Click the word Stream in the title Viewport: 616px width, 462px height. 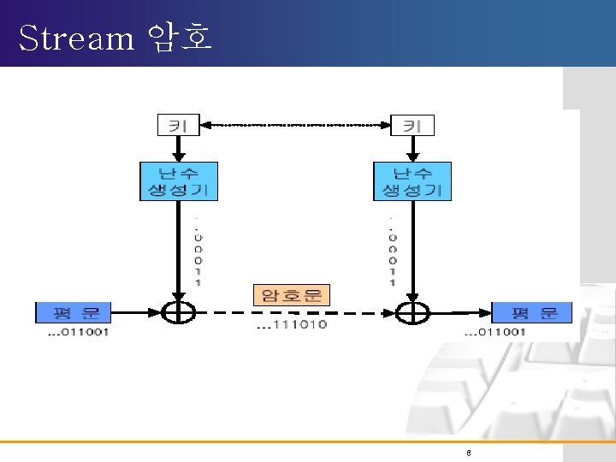click(x=76, y=38)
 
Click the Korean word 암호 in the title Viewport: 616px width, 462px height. click(x=180, y=38)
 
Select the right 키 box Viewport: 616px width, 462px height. click(x=412, y=125)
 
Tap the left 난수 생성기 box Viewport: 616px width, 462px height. click(x=178, y=181)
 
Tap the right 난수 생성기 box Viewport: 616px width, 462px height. click(x=412, y=181)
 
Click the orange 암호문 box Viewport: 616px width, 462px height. click(x=292, y=296)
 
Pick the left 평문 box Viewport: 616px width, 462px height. click(x=73, y=312)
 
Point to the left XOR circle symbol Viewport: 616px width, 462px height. click(x=178, y=313)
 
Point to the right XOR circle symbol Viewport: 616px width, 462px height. click(x=412, y=313)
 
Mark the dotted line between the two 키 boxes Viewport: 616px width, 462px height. click(x=295, y=125)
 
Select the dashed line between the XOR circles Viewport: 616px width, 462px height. click(x=295, y=313)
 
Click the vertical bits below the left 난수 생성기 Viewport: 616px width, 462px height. click(x=198, y=248)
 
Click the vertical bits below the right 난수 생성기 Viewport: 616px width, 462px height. click(x=393, y=248)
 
